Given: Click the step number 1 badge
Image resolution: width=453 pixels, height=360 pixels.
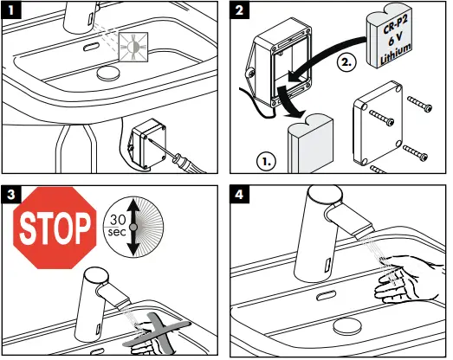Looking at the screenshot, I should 11,11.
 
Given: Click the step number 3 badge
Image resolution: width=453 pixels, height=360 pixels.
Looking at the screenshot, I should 11,195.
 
